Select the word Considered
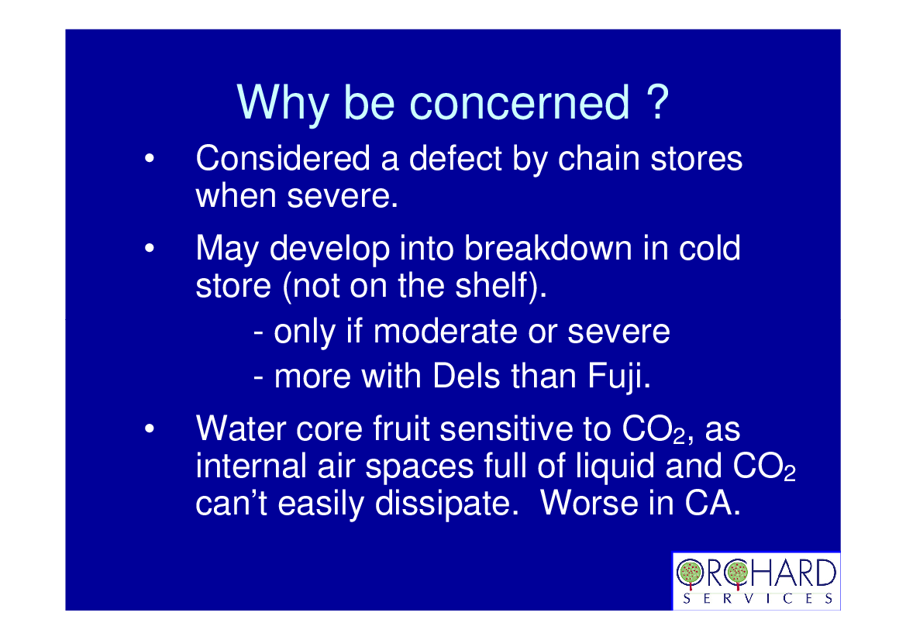coord(283,158)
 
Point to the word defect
coord(455,158)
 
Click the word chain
coord(599,158)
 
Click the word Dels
coord(466,376)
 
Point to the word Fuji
coord(619,377)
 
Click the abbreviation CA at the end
coord(712,503)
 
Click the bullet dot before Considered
coord(150,158)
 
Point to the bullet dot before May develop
coord(150,249)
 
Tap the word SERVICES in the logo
coord(757,598)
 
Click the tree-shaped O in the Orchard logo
coord(689,573)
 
